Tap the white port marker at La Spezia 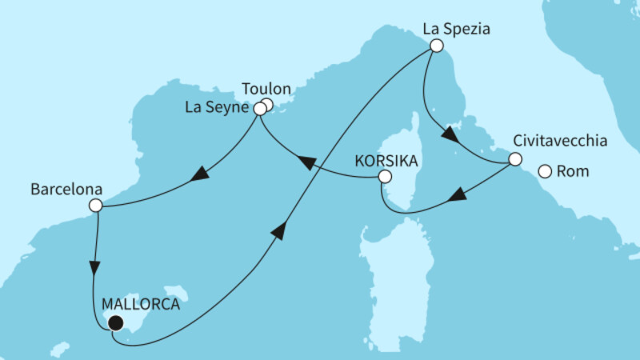tap(436, 46)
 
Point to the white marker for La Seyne tap(259, 108)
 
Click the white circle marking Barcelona tap(95, 206)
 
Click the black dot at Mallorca tap(115, 323)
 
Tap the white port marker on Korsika tap(385, 177)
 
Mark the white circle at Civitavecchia tap(515, 162)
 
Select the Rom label tap(574, 170)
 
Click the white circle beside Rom tap(545, 170)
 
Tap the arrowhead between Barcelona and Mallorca tap(95, 267)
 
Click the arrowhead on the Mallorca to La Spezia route tap(279, 230)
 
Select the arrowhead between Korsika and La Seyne tap(306, 163)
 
